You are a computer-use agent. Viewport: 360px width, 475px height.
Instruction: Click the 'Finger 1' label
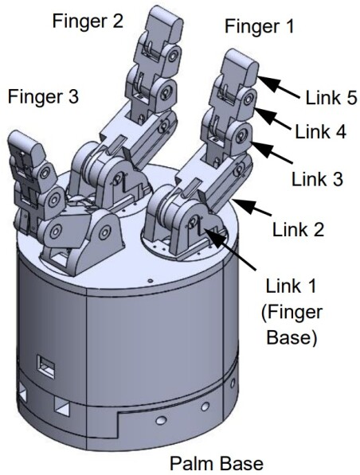click(259, 26)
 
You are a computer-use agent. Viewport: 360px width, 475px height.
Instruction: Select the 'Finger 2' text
click(88, 20)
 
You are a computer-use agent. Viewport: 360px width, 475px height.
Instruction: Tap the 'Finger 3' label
click(43, 97)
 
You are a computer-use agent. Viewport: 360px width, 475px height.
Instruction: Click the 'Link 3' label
click(315, 180)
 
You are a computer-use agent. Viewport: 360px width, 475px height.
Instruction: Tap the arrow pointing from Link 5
click(279, 84)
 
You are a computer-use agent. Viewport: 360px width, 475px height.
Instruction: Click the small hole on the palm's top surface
click(151, 280)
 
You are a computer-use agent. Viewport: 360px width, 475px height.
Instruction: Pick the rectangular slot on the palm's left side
click(46, 369)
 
